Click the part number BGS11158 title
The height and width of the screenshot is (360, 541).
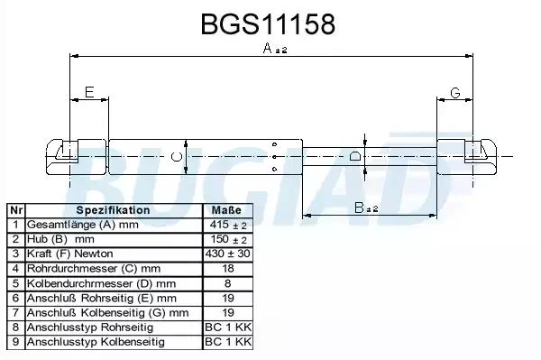[268, 24]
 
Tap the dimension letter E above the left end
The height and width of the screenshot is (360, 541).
[89, 92]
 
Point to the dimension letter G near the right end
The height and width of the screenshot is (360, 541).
[455, 93]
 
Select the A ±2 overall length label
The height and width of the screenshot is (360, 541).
[275, 49]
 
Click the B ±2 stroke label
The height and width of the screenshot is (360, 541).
[366, 208]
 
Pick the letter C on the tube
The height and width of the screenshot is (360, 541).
[177, 157]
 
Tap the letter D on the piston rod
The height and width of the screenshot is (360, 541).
[355, 156]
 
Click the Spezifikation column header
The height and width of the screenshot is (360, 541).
[113, 210]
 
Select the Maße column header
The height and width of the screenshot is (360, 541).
[226, 210]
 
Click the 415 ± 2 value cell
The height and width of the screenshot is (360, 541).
[228, 225]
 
